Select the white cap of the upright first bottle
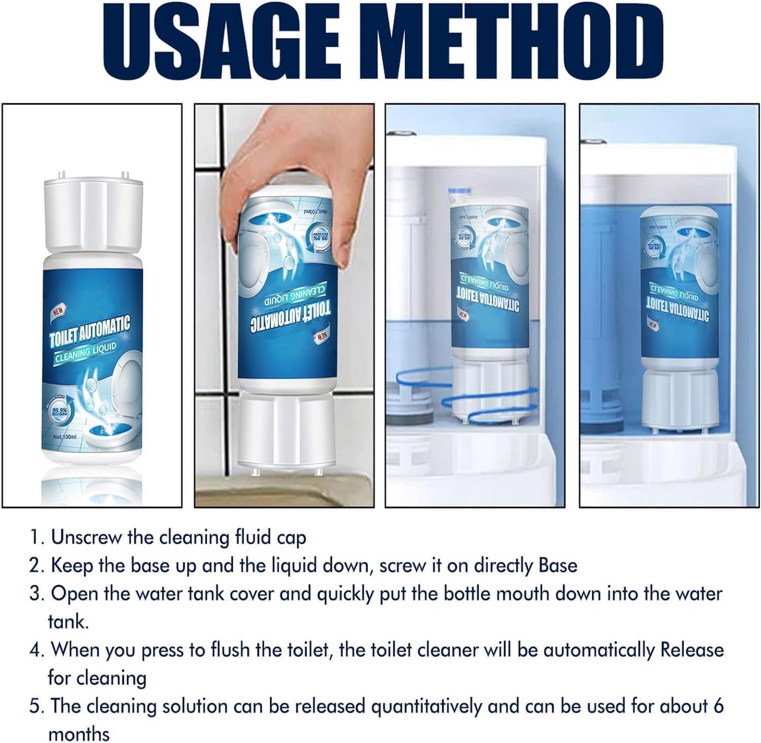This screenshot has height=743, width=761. [x=92, y=214]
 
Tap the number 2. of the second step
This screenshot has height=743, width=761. [x=37, y=566]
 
